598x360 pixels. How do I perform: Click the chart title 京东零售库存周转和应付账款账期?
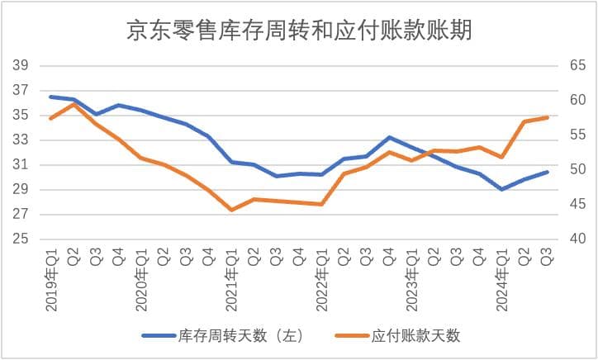pos(299,31)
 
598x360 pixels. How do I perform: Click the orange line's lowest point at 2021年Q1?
pos(231,210)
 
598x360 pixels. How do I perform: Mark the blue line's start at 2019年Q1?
pos(51,97)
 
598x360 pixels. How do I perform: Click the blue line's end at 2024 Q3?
pos(547,172)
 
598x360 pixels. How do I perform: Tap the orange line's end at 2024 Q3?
pos(547,117)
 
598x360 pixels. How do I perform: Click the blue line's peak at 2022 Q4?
pos(389,137)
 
